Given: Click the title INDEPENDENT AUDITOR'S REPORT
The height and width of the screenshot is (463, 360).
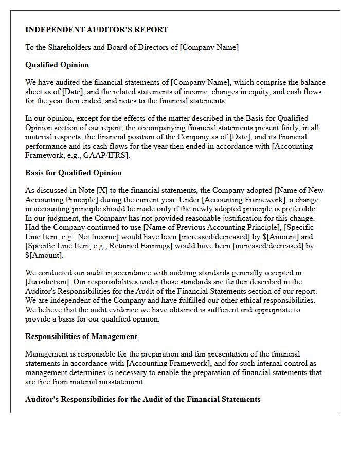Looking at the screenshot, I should (97, 30).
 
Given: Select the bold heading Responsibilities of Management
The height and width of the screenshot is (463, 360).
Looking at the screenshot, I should (81, 336).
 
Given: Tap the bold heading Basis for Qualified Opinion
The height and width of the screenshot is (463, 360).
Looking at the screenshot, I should (74, 173).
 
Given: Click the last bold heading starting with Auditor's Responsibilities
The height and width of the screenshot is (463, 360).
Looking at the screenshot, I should (143, 399).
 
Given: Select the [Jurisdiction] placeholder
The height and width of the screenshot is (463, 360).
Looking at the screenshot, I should (47, 282).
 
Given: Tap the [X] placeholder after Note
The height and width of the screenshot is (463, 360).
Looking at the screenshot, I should (103, 190).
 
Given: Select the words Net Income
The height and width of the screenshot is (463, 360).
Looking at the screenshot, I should (89, 237).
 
